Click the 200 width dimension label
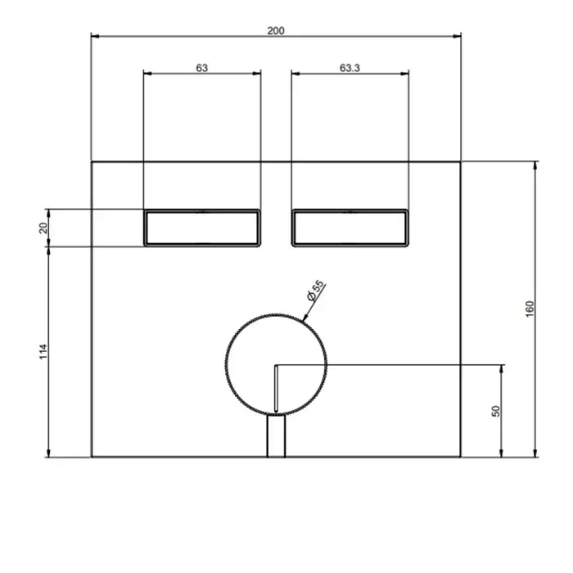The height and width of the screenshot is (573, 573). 276,31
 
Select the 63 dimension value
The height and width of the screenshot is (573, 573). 201,68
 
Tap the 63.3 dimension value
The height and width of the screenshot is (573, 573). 350,68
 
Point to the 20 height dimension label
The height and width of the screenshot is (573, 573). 43,228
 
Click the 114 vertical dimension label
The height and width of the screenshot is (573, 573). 43,351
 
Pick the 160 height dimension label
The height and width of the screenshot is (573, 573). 530,309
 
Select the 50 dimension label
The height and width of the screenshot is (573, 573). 496,411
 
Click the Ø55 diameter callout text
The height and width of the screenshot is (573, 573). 316,291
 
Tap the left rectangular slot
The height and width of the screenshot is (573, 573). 202,228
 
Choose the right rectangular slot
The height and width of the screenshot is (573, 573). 350,228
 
